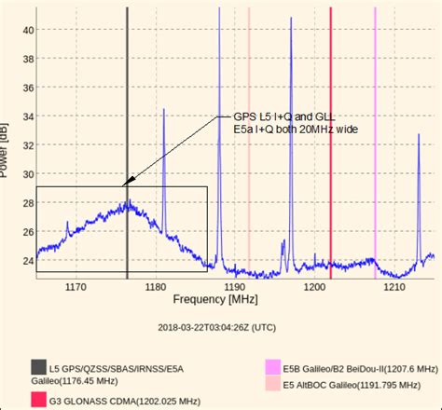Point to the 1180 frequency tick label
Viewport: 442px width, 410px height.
click(155, 286)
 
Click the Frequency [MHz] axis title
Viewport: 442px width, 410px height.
click(214, 299)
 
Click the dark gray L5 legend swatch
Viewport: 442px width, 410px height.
click(37, 367)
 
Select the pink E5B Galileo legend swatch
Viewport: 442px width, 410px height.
click(272, 367)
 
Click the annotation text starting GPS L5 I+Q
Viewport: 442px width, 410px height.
click(288, 122)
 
